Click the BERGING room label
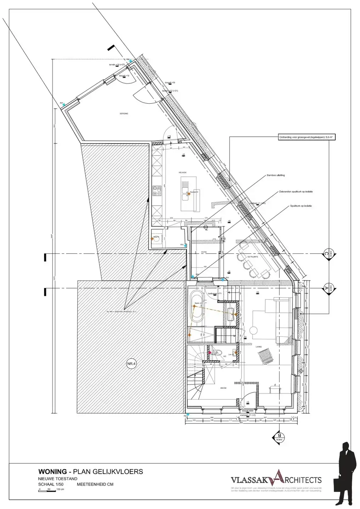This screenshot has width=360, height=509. (124, 114)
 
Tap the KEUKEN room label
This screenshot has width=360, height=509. (182, 172)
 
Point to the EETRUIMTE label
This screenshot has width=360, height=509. (253, 257)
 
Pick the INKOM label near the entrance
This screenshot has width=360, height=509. (223, 388)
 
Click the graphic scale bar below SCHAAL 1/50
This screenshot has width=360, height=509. (51, 490)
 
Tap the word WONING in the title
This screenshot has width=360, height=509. (52, 472)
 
